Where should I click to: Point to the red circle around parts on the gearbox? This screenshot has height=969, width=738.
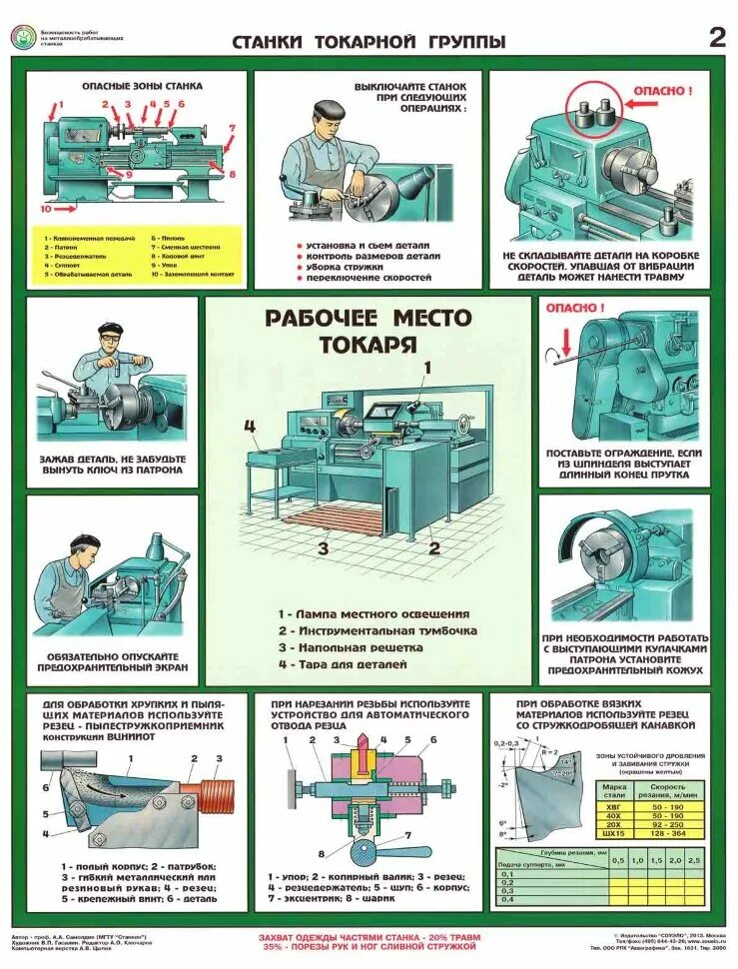pyautogui.click(x=590, y=113)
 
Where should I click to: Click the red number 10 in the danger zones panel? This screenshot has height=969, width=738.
pyautogui.click(x=46, y=210)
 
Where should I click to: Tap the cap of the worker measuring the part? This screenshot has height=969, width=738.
pyautogui.click(x=331, y=109)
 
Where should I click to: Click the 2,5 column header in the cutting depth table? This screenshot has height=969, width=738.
pyautogui.click(x=693, y=859)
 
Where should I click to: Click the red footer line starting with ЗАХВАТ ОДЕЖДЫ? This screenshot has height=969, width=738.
pyautogui.click(x=369, y=938)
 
